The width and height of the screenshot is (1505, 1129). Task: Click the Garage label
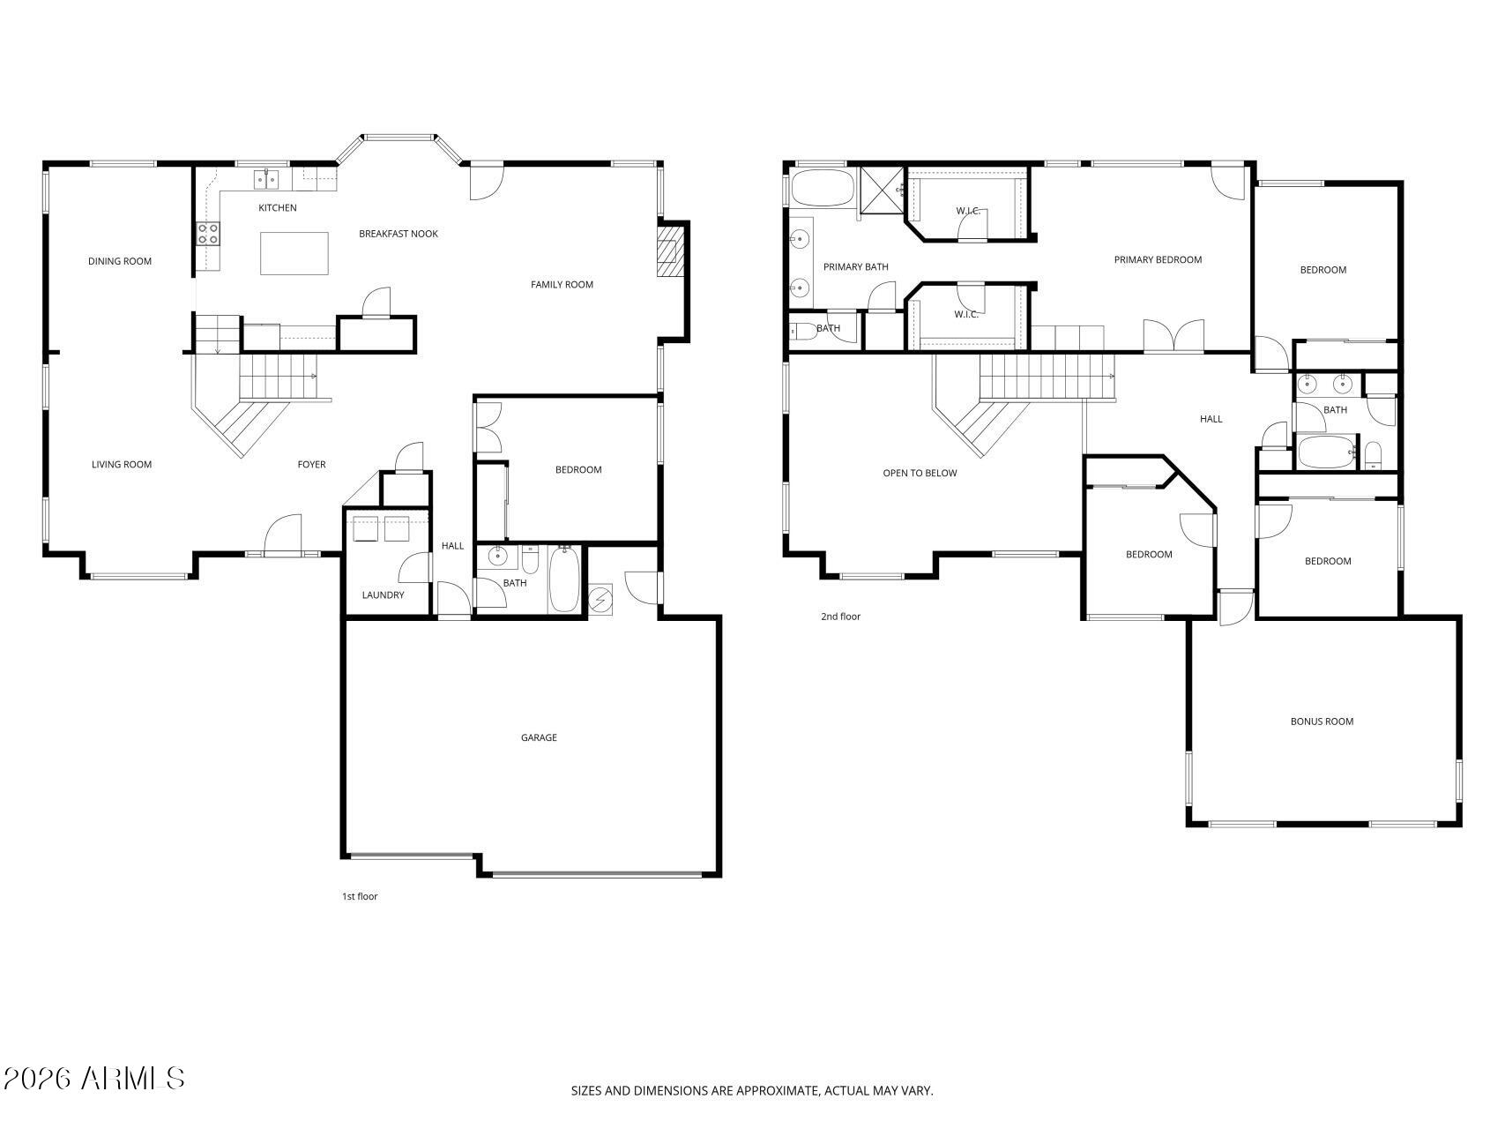click(x=539, y=738)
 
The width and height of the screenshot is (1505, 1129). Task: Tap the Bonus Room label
click(x=1322, y=722)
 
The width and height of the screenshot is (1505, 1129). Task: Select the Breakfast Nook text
click(x=399, y=234)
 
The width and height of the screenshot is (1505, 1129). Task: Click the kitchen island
click(x=294, y=254)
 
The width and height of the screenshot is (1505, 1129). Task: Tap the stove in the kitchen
click(x=208, y=234)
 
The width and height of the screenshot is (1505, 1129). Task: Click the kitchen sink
click(x=266, y=179)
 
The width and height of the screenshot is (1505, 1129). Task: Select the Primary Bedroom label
click(x=1158, y=260)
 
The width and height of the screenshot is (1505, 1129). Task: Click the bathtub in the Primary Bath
click(x=823, y=188)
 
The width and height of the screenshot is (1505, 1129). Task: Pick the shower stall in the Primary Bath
click(x=883, y=190)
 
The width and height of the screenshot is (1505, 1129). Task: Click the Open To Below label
click(x=920, y=474)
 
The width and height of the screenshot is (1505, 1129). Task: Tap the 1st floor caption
click(x=360, y=897)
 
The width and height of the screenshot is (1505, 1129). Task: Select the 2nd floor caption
click(x=840, y=617)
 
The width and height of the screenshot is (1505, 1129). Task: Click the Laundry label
click(x=383, y=595)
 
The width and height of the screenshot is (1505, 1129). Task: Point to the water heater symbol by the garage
click(x=600, y=600)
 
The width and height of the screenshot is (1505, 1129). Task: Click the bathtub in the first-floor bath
click(x=565, y=579)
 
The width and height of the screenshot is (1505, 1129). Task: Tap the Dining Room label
click(x=120, y=261)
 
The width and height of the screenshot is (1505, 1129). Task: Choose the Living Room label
click(x=122, y=465)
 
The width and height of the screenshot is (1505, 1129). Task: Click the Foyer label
click(x=311, y=465)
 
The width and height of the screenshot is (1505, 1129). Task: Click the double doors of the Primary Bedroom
click(x=1173, y=336)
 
